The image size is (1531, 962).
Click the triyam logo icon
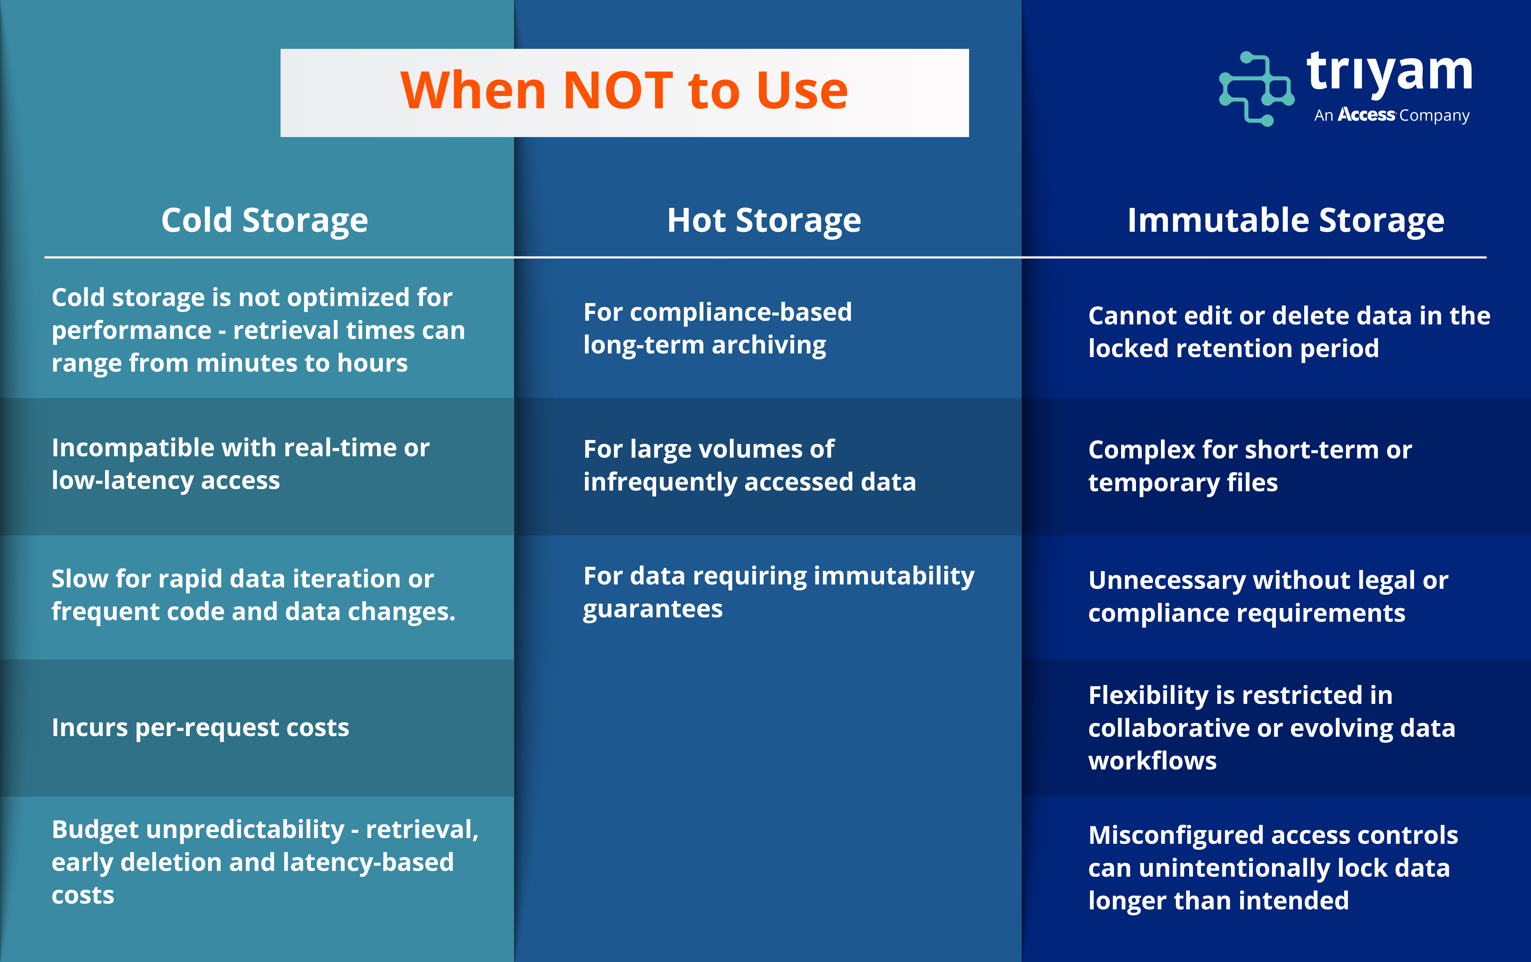[1256, 89]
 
